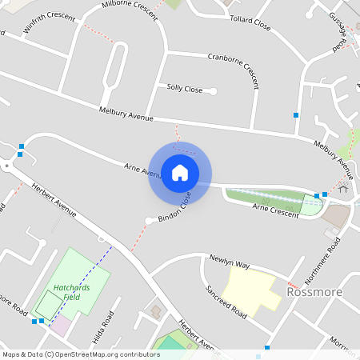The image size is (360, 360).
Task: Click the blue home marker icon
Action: pos(180,173)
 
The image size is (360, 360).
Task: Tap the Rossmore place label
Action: pos(314,292)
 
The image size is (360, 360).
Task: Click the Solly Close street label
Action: pos(185,88)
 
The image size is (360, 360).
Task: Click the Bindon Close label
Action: pos(174,206)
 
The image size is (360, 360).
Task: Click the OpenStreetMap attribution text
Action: pos(81,354)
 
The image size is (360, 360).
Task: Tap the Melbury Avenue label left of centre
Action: pos(126,114)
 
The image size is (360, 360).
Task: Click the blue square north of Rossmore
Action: pos(296,116)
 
